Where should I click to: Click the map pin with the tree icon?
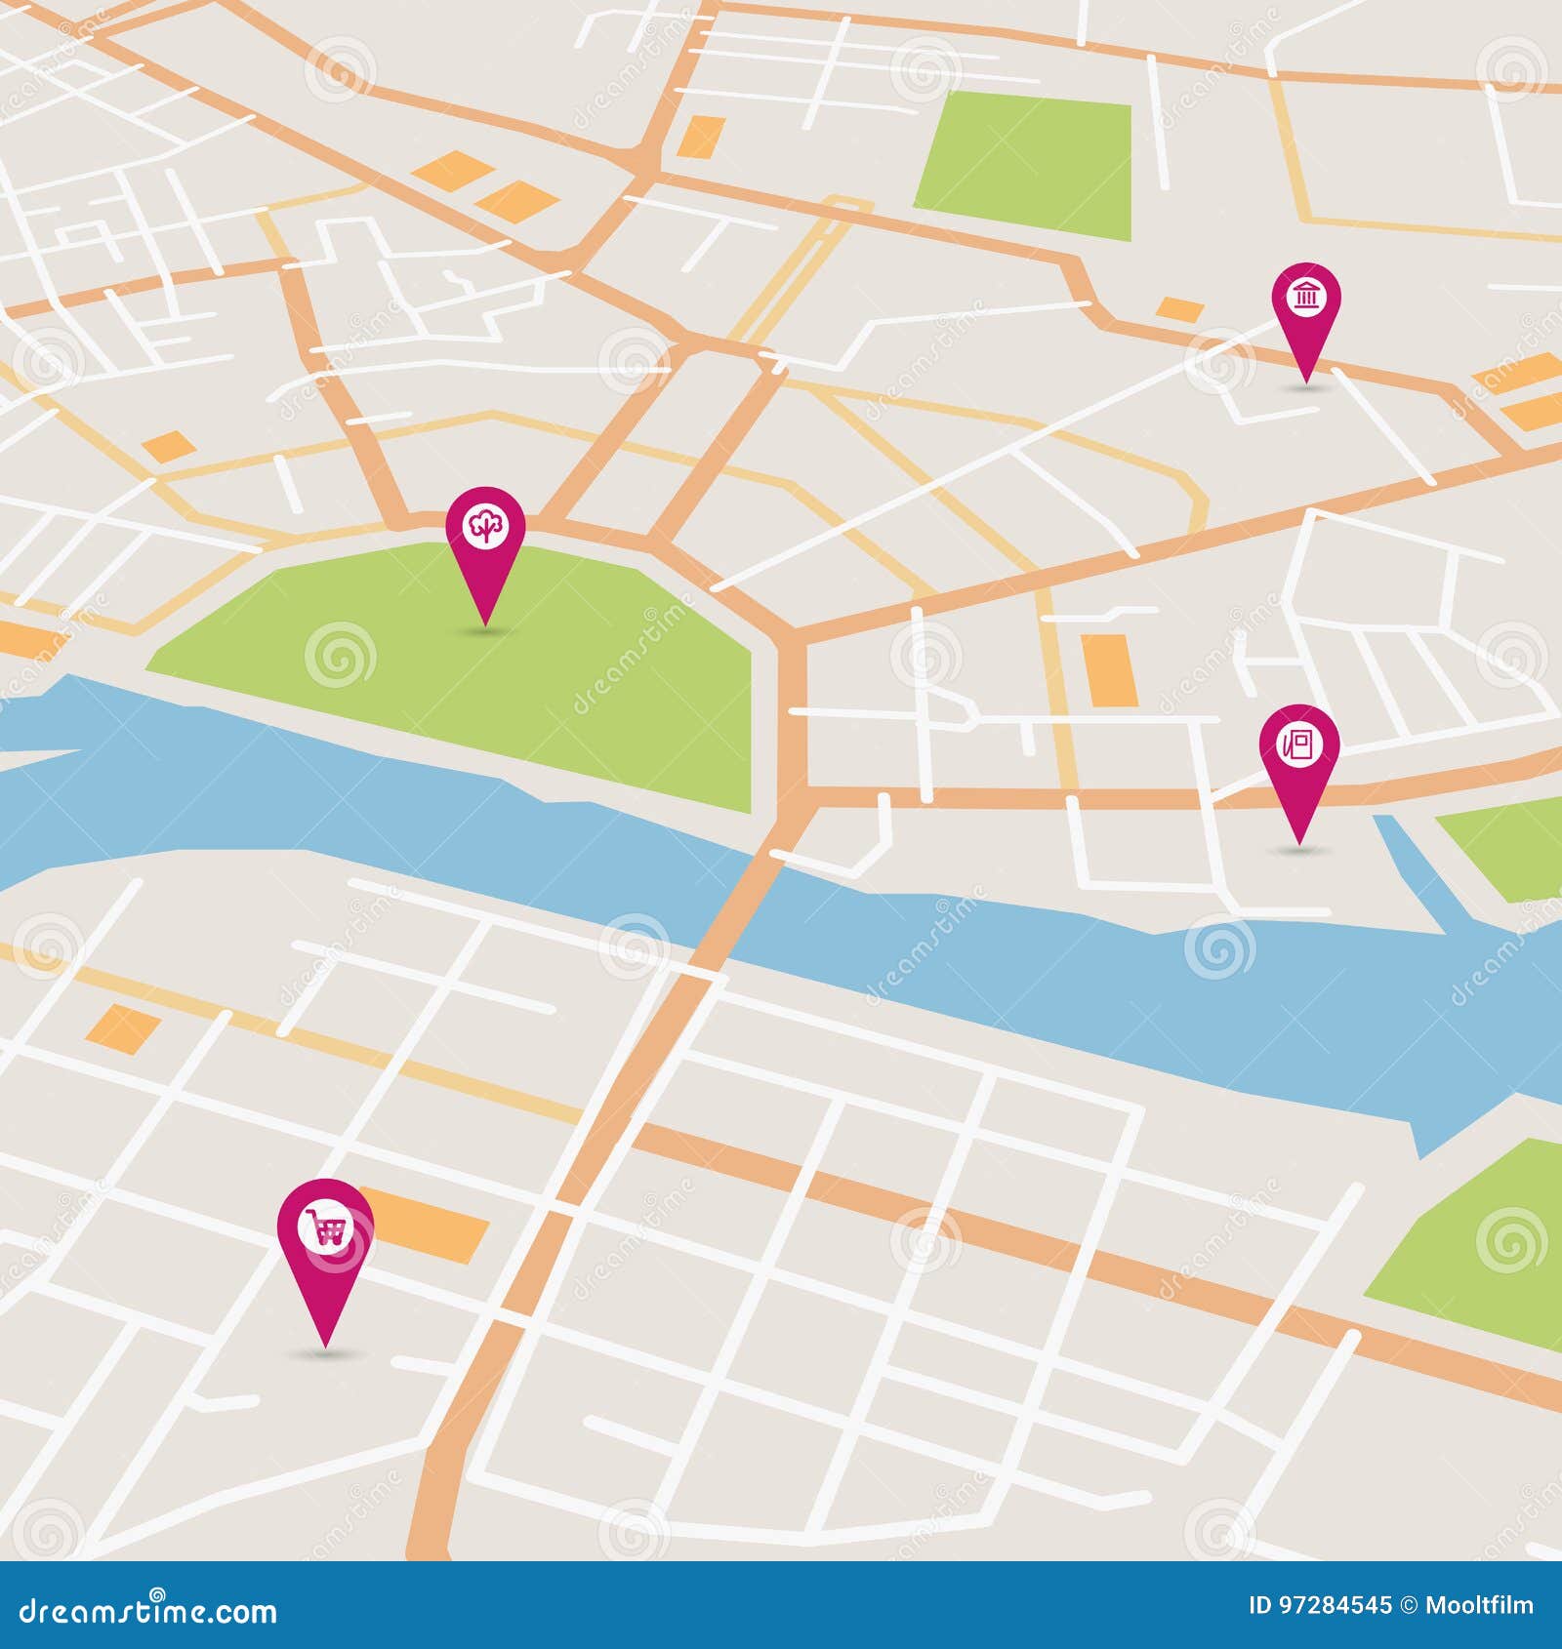point(485,527)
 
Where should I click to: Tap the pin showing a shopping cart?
point(325,1229)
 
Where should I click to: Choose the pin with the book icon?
point(1298,747)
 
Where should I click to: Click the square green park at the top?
point(1025,166)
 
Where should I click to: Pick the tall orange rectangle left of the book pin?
point(1109,669)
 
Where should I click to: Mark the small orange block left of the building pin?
point(1180,309)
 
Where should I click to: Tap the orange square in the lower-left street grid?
point(123,1025)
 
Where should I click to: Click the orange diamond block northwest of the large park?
point(168,447)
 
